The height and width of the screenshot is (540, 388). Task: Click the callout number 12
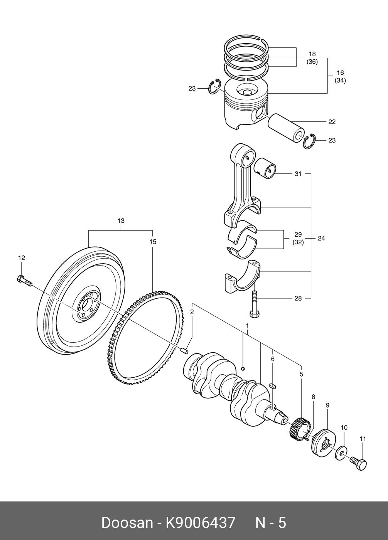coord(22,258)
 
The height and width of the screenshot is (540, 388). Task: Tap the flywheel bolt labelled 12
coord(24,281)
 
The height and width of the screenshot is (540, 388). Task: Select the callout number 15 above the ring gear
coord(153,242)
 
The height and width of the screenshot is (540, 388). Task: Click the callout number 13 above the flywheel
coord(121,220)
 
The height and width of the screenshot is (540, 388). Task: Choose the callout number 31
coord(298,173)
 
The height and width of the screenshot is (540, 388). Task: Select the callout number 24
coord(321,238)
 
